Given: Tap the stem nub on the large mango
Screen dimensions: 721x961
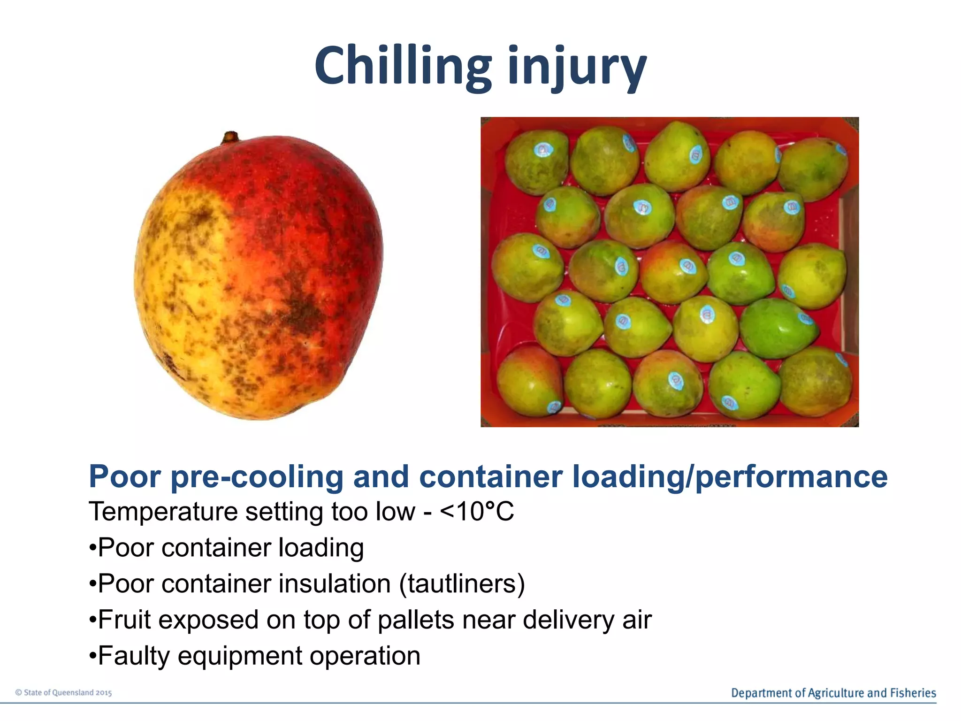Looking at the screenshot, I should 230,137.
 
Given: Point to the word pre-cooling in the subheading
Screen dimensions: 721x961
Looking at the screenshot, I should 257,477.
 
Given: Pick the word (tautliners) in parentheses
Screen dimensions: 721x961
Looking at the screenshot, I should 462,584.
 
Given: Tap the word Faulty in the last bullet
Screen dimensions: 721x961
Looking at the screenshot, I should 134,656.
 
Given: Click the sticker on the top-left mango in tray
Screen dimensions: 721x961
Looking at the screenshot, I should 543,150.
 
